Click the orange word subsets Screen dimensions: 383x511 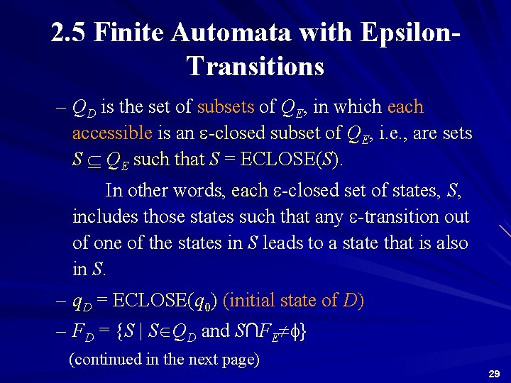225,108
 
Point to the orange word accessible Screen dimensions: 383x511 112,133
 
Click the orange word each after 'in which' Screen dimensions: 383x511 405,108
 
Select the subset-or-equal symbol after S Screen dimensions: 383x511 93,160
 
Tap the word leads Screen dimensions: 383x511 285,243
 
